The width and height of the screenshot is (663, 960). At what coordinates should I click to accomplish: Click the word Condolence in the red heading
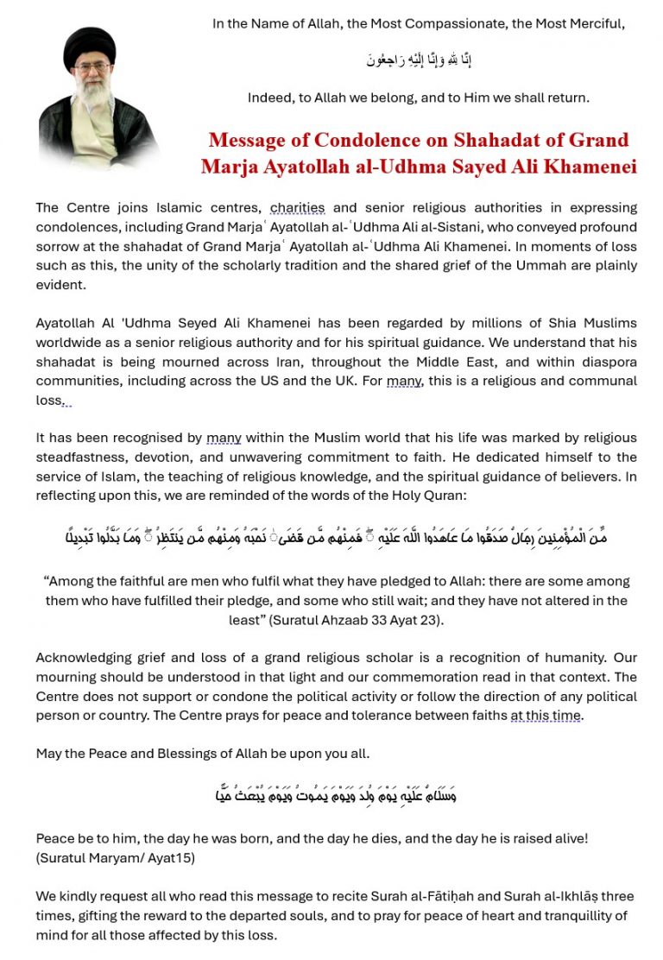point(377,140)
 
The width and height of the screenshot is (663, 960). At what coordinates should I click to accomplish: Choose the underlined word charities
point(297,207)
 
